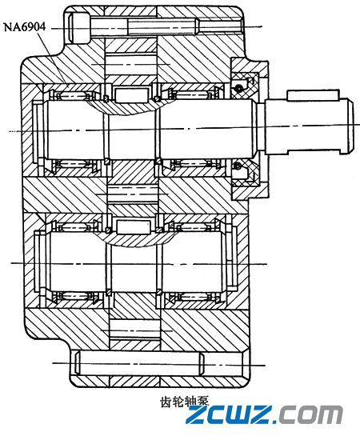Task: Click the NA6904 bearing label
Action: tap(24, 27)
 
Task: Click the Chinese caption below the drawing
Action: tap(184, 402)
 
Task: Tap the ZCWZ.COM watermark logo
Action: tap(264, 414)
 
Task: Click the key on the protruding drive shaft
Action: tap(313, 95)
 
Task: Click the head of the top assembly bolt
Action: tap(78, 28)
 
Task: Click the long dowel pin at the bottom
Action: tap(159, 363)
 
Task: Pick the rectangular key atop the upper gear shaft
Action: tap(131, 95)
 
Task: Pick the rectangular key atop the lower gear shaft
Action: tap(133, 227)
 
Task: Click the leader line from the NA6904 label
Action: tap(54, 58)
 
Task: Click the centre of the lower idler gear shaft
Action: tap(133, 264)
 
